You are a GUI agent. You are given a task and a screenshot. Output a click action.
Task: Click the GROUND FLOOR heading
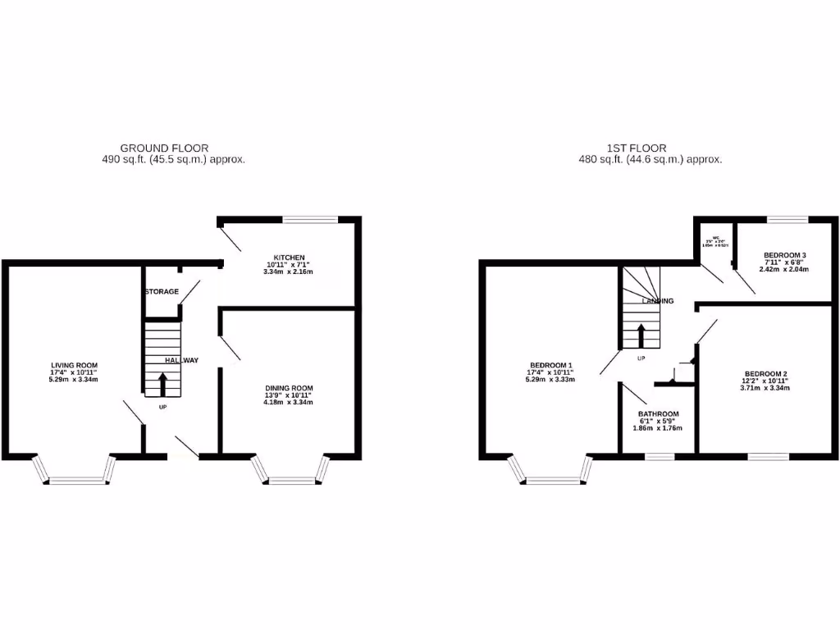click(158, 148)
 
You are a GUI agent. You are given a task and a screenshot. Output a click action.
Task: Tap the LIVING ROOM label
click(75, 365)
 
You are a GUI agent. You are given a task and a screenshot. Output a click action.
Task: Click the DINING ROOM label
click(289, 389)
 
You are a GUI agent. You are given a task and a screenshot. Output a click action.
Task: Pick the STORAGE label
click(162, 292)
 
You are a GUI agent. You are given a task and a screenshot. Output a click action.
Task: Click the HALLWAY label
click(181, 360)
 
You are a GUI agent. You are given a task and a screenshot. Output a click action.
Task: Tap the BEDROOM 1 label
click(551, 365)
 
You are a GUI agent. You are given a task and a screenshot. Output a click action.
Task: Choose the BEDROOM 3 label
click(784, 255)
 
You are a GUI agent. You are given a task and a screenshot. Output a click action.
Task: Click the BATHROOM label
click(659, 414)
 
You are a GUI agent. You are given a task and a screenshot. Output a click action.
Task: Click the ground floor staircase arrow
click(162, 381)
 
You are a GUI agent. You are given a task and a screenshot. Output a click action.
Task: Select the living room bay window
click(75, 471)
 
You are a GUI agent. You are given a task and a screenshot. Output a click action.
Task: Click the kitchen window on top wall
click(310, 219)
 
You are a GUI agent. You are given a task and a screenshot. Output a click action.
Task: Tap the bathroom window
click(659, 456)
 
